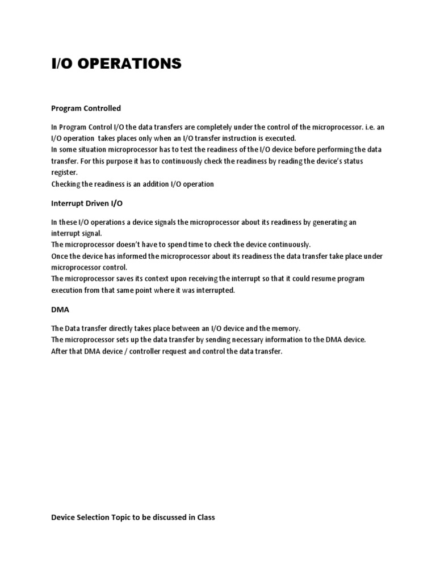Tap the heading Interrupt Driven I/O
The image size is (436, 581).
(87, 203)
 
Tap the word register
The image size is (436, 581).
(63, 172)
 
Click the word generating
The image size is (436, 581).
(327, 222)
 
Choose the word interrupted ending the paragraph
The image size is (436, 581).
(213, 290)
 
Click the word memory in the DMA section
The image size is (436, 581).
(287, 329)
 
